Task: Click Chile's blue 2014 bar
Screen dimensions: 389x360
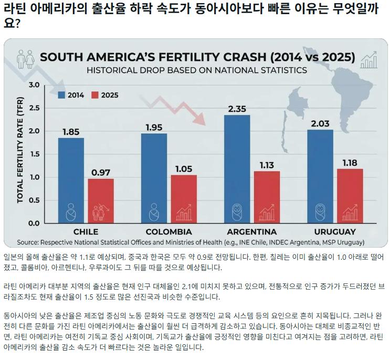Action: pyautogui.click(x=71, y=181)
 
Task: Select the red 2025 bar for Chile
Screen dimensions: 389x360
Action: pyautogui.click(x=101, y=201)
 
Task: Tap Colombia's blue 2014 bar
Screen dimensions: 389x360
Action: pyautogui.click(x=154, y=178)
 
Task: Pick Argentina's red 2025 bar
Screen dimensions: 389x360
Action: pyautogui.click(x=267, y=197)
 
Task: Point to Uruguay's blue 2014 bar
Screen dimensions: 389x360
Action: pyautogui.click(x=320, y=176)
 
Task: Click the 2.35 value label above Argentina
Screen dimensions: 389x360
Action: pyautogui.click(x=237, y=109)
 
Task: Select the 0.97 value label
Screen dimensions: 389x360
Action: pyautogui.click(x=101, y=173)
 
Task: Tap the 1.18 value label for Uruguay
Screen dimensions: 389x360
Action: pyautogui.click(x=350, y=163)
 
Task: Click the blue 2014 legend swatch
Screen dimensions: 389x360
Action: pyautogui.click(x=61, y=95)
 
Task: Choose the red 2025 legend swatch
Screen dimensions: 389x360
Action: pyautogui.click(x=95, y=95)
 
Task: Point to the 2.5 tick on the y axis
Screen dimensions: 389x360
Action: pyautogui.click(x=34, y=108)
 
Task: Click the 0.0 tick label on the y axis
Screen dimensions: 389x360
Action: pyautogui.click(x=34, y=224)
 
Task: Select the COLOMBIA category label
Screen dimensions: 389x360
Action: pyautogui.click(x=169, y=232)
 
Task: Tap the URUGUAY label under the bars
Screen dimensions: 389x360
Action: pyautogui.click(x=335, y=232)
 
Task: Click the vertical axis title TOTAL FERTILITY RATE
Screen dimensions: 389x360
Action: pyautogui.click(x=20, y=150)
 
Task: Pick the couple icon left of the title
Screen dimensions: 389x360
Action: pyautogui.click(x=25, y=59)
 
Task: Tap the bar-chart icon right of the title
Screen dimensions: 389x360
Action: pyautogui.click(x=369, y=60)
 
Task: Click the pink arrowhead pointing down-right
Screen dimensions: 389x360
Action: pyautogui.click(x=200, y=119)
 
